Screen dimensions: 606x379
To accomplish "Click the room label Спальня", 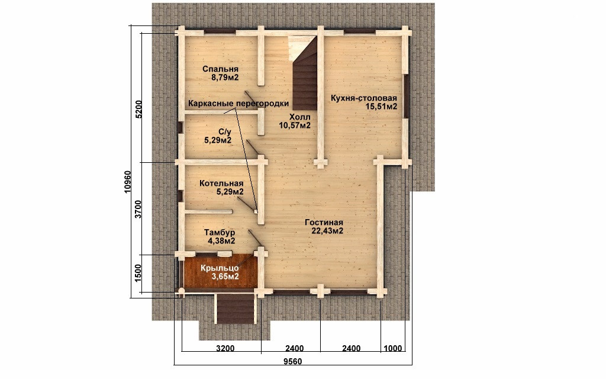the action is (220, 69).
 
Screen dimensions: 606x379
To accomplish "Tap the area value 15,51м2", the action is (382, 107).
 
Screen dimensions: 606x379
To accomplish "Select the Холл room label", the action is (299, 117).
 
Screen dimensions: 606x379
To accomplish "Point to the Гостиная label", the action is (324, 223).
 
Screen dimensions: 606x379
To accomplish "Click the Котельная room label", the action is (221, 184).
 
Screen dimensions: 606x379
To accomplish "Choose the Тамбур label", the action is (220, 232).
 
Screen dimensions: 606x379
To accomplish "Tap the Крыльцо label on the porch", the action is (220, 268).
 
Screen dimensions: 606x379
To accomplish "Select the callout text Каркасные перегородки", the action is (238, 103).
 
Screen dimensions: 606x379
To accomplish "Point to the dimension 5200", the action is (139, 110).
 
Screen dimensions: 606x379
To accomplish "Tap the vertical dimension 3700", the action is (139, 209).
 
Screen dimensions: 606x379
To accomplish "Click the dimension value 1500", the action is (139, 274).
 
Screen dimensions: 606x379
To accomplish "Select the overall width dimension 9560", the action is (292, 362).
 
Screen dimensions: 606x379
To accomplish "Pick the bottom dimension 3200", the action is (225, 348).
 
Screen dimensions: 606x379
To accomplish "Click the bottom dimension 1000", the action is (392, 348).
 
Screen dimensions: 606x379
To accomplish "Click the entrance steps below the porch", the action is (236, 309).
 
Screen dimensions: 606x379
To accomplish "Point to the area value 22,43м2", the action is (327, 232).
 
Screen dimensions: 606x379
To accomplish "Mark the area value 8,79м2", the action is (224, 78).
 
